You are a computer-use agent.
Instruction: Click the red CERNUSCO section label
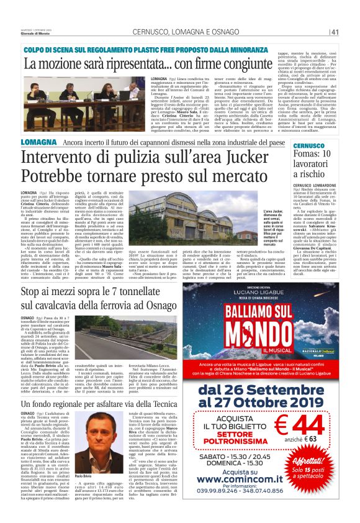click(324, 145)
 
